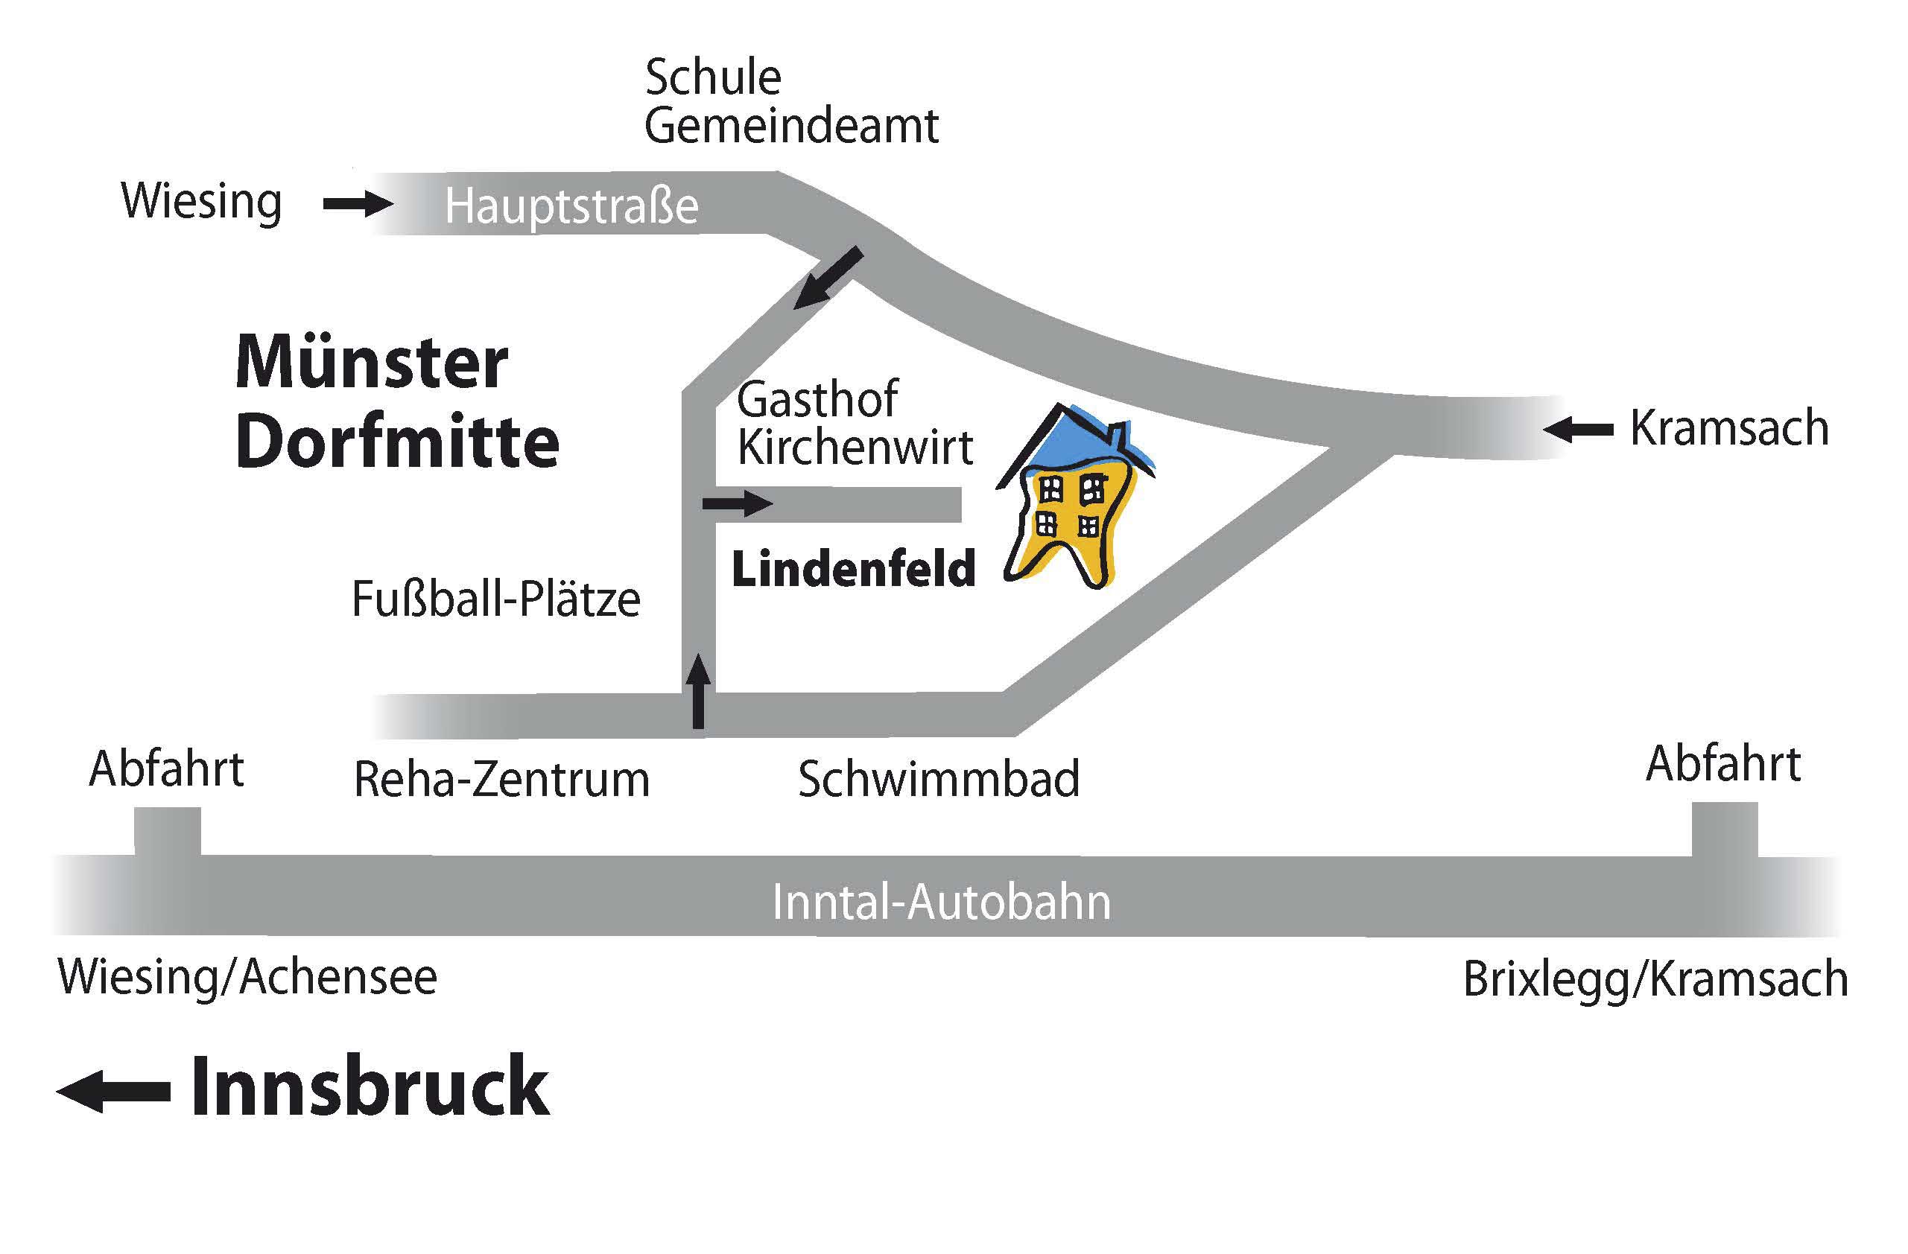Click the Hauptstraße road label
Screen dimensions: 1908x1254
pos(571,207)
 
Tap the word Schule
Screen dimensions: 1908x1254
pos(713,77)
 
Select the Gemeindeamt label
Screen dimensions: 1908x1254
pos(791,126)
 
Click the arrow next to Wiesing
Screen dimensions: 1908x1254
pos(358,204)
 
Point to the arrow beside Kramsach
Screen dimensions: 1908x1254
pos(1578,430)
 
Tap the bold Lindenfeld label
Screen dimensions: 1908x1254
pos(853,568)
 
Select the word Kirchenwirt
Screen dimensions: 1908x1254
pos(855,446)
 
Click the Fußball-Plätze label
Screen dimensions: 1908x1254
pos(496,599)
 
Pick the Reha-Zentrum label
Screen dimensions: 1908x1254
pos(502,779)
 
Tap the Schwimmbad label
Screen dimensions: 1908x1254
pos(939,778)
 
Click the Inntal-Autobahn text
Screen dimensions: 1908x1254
pos(942,903)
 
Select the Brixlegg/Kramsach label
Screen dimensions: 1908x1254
pos(1655,979)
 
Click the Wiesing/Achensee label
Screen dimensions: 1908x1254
pos(247,978)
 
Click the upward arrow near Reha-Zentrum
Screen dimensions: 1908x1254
pos(699,691)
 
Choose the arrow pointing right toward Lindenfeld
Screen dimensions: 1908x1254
pos(738,504)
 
